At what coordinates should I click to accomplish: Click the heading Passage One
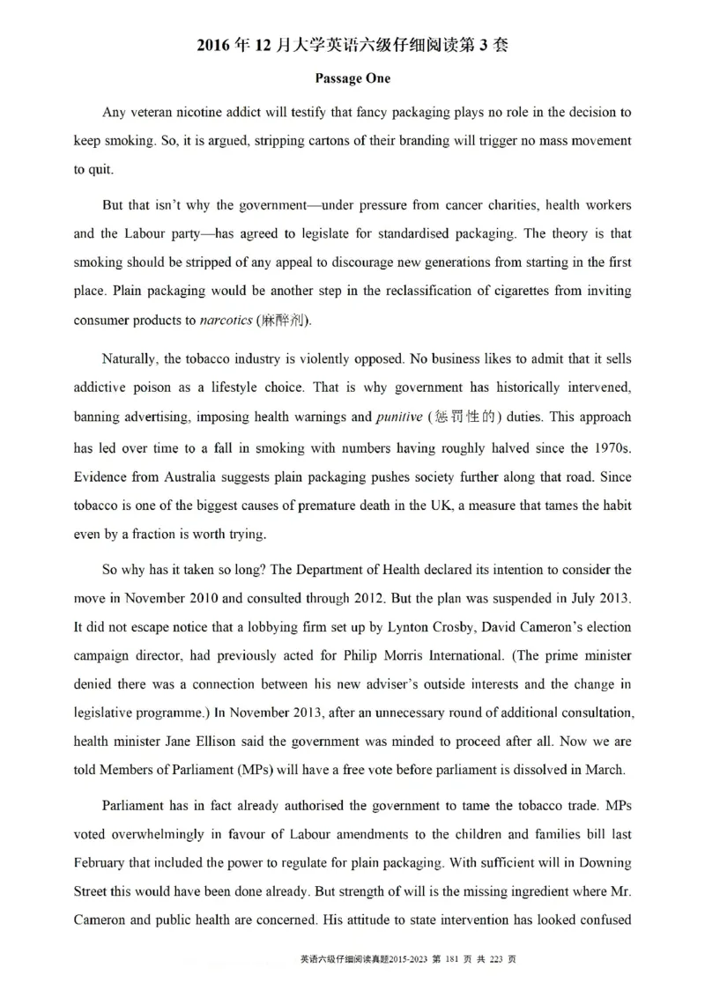tap(352, 78)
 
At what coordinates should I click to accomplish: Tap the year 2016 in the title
tap(217, 47)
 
